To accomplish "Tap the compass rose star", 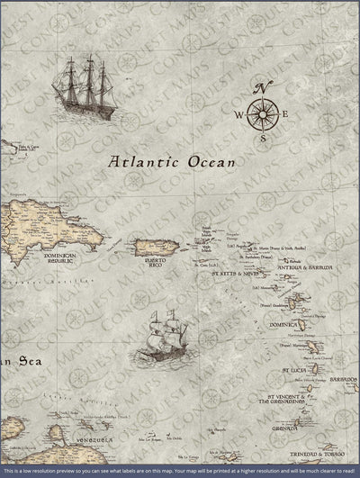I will coord(263,113).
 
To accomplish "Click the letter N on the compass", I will coord(263,87).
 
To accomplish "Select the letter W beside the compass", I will coord(239,114).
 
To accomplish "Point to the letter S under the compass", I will coord(263,139).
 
